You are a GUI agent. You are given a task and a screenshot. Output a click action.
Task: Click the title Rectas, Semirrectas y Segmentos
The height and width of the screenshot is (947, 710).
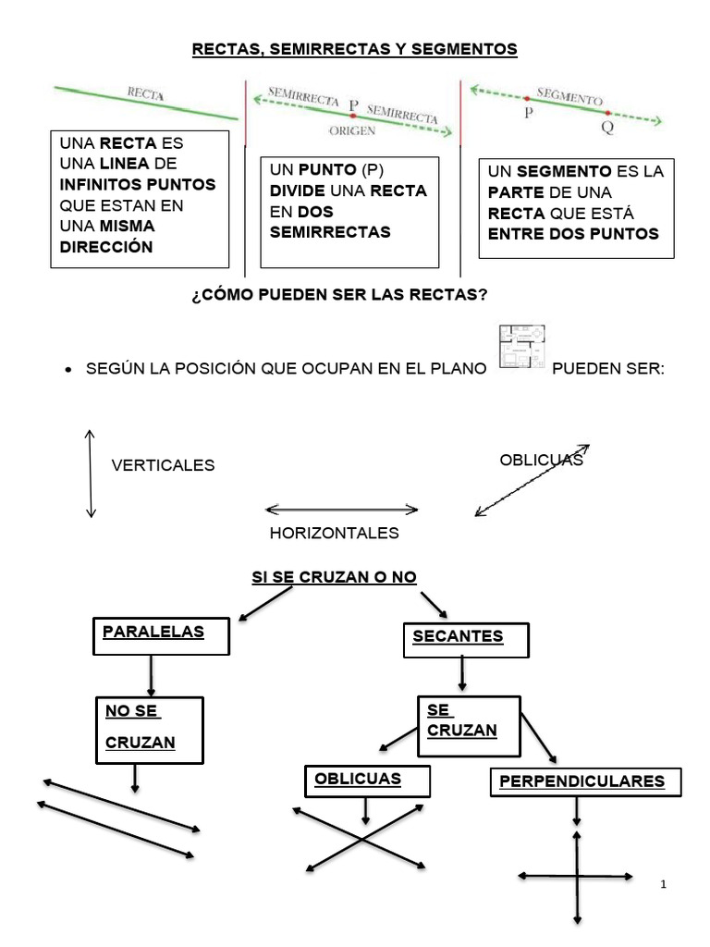pyautogui.click(x=355, y=48)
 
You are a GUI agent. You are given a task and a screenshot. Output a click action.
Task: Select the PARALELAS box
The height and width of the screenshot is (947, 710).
pyautogui.click(x=162, y=636)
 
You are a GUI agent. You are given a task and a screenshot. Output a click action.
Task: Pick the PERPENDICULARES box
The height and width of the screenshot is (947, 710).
pyautogui.click(x=583, y=781)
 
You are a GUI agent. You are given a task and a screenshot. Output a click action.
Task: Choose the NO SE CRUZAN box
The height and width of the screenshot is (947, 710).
pyautogui.click(x=149, y=730)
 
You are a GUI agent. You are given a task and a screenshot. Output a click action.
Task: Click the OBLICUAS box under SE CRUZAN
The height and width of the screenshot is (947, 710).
pyautogui.click(x=367, y=780)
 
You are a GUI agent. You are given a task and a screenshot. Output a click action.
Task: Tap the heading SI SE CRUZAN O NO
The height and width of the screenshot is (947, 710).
pyautogui.click(x=335, y=577)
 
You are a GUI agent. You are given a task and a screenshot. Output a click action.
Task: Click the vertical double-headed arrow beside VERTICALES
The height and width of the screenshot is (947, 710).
pyautogui.click(x=90, y=473)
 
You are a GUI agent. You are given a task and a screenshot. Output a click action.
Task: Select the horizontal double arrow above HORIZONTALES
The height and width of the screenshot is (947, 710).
pyautogui.click(x=341, y=509)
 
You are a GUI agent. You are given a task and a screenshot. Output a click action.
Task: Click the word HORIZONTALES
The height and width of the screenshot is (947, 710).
pyautogui.click(x=334, y=533)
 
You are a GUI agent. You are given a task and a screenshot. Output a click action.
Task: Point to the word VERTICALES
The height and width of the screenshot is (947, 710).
pyautogui.click(x=163, y=465)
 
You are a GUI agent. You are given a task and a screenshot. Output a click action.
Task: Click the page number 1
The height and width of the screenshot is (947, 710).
pyautogui.click(x=664, y=885)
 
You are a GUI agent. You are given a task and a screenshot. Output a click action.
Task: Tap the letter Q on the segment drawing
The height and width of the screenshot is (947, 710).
pyautogui.click(x=606, y=129)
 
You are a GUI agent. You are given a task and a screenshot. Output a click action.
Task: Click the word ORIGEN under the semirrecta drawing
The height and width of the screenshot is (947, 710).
pyautogui.click(x=352, y=131)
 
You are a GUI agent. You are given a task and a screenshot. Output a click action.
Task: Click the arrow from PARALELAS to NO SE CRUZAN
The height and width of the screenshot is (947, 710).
pyautogui.click(x=151, y=676)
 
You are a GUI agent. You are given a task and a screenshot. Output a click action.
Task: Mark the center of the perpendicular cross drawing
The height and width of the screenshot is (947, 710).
pyautogui.click(x=577, y=875)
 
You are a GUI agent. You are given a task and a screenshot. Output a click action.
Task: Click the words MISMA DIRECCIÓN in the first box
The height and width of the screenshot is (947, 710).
pyautogui.click(x=107, y=236)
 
